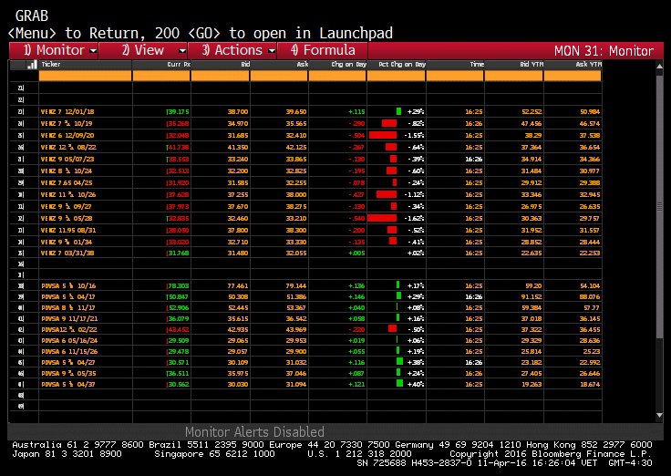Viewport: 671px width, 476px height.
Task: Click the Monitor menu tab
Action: pos(54,50)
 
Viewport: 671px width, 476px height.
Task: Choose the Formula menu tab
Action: pos(323,50)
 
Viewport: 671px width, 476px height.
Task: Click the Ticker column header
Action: pos(52,65)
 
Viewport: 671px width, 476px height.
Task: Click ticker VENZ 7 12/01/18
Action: pos(67,110)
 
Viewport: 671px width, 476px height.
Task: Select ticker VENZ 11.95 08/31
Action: pos(68,231)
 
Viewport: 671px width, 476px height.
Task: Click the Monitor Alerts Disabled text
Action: pos(254,431)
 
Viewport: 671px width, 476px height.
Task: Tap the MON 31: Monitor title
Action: pos(604,50)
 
